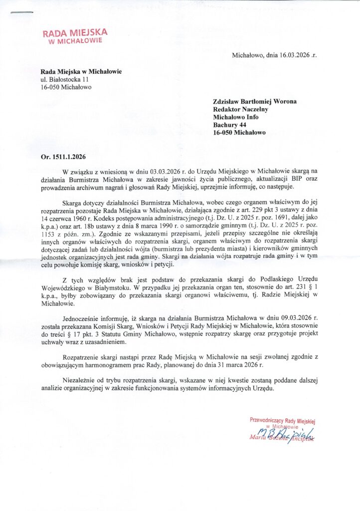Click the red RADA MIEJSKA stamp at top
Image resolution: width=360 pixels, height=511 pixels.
(x=75, y=36)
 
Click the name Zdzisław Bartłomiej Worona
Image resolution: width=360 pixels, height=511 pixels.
(x=254, y=101)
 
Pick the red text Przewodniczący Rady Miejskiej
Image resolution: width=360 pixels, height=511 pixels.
(x=283, y=420)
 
